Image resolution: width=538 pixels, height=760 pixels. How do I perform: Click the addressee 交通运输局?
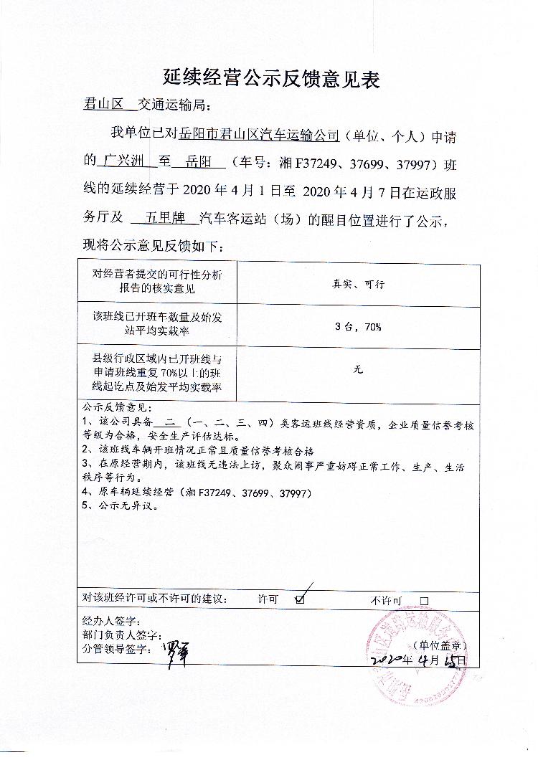(x=174, y=105)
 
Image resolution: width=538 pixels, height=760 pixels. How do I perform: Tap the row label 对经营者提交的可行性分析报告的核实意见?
(x=156, y=282)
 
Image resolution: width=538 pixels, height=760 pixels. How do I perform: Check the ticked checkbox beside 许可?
(x=300, y=599)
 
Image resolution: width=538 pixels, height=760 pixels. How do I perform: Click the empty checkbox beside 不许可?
(x=424, y=601)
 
